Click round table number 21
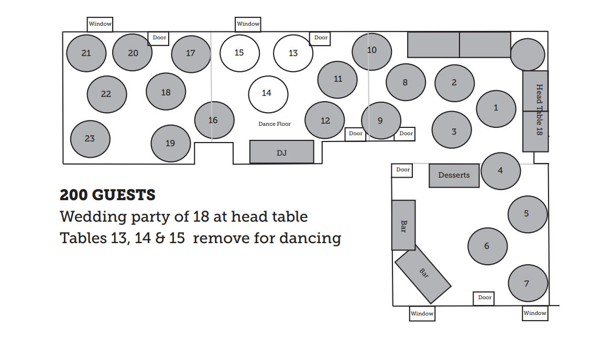(x=86, y=53)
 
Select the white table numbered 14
(x=268, y=94)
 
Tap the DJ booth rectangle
(x=281, y=152)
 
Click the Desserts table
(x=454, y=176)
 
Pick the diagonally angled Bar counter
(x=423, y=274)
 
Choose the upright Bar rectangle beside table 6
(x=403, y=225)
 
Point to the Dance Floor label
(x=275, y=124)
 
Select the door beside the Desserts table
(x=403, y=170)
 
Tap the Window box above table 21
(x=100, y=24)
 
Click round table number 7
(x=528, y=283)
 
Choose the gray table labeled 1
(x=496, y=108)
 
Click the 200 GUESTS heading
(x=107, y=195)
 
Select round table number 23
(x=90, y=139)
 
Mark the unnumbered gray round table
(x=527, y=54)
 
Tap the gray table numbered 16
(x=213, y=120)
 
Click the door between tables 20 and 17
(x=159, y=38)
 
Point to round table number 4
(x=500, y=171)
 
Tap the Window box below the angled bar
(x=422, y=313)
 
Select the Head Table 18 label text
(x=539, y=110)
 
